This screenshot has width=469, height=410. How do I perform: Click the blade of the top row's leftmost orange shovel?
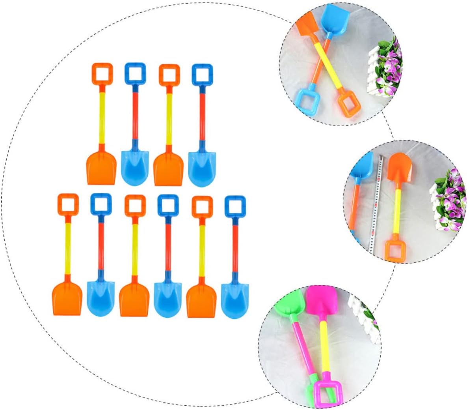pos(101,168)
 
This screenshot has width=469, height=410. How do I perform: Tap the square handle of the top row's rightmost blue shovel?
pos(202,75)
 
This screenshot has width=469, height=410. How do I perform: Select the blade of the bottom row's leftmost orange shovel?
pos(67,298)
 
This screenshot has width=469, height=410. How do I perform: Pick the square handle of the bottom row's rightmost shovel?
pos(235,206)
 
